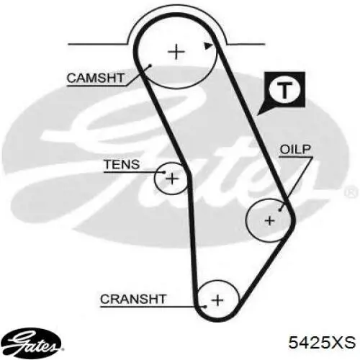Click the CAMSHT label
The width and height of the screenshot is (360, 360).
95,78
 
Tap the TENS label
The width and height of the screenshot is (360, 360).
122,165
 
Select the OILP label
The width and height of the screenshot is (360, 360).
295,149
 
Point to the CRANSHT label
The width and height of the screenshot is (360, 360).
133,299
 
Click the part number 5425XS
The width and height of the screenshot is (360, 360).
322,342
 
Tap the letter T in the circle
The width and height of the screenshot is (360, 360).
284,90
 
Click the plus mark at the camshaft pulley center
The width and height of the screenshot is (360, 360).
176,52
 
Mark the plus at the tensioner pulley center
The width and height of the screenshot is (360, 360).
172,179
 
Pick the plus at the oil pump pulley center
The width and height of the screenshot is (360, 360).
270,220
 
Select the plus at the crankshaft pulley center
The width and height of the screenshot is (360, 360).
217,300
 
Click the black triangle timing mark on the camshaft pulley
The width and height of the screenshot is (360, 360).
208,45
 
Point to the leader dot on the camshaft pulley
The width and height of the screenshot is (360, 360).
150,66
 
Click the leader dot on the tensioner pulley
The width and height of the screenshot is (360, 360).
164,172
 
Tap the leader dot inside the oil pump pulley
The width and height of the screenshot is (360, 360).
280,210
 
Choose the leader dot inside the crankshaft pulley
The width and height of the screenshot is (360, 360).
205,307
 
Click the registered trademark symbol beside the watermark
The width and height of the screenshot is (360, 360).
351,192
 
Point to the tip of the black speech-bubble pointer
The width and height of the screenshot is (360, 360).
258,115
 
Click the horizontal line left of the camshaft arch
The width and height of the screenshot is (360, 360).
97,44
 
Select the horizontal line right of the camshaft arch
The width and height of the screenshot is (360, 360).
246,44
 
